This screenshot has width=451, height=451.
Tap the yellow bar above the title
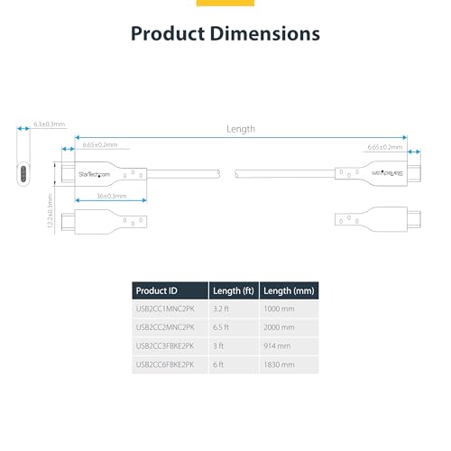coord(225,3)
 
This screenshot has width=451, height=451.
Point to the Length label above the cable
coord(240,129)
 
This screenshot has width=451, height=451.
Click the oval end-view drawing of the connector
coord(22,173)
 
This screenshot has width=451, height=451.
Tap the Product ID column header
coord(157,290)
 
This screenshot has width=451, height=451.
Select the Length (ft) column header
coord(234,290)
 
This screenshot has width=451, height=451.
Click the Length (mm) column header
coord(289,290)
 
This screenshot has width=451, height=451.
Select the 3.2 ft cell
coord(222,308)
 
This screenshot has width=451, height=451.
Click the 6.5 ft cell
coord(222,327)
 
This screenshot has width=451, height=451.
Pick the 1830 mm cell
coord(280,364)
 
